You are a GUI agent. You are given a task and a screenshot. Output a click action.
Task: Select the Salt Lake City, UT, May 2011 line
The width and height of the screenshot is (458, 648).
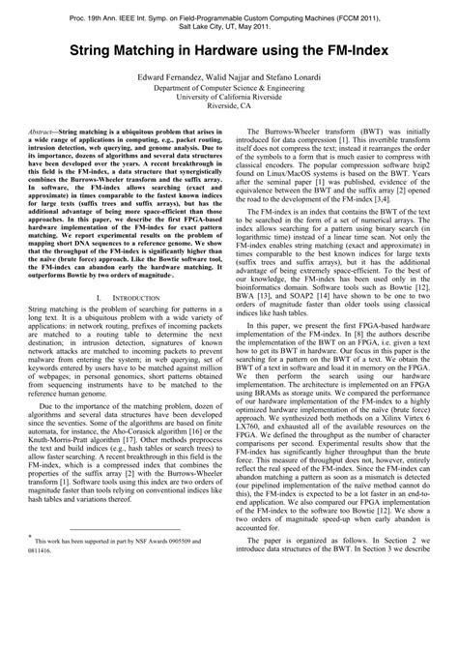pos(229,31)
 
